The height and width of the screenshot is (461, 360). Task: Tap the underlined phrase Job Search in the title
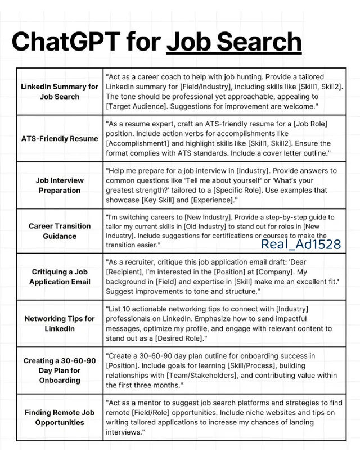[x=234, y=42]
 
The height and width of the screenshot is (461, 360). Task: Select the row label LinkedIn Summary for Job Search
[x=60, y=92]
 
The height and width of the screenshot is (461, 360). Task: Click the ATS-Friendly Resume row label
[x=60, y=138]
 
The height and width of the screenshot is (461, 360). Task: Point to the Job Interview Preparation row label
[x=60, y=185]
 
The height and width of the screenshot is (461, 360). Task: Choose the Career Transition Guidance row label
[x=60, y=231]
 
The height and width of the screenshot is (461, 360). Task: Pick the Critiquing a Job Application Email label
[x=60, y=277]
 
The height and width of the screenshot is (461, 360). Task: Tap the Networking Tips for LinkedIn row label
[x=60, y=323]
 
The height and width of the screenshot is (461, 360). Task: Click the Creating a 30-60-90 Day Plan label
[x=60, y=370]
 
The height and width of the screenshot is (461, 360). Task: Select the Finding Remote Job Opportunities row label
[x=60, y=417]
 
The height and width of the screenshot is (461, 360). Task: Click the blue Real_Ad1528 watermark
[x=301, y=244]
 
